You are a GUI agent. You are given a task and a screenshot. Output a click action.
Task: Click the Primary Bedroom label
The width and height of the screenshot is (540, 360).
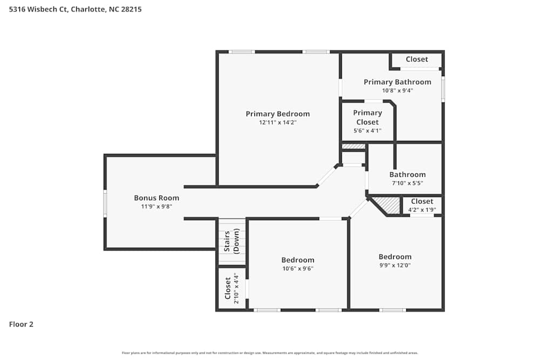[278, 114]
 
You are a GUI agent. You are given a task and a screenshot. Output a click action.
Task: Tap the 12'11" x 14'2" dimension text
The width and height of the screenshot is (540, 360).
[278, 123]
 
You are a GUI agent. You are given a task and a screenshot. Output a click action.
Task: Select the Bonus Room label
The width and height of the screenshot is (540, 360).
[157, 198]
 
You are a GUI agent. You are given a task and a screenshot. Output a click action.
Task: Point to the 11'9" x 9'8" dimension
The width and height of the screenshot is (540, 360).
[157, 206]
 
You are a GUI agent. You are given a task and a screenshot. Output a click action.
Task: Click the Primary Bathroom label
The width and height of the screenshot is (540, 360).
[397, 82]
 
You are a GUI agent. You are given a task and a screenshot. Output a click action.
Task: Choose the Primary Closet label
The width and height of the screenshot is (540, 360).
[367, 117]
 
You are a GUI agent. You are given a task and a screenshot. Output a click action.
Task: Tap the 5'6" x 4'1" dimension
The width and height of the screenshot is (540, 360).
[367, 130]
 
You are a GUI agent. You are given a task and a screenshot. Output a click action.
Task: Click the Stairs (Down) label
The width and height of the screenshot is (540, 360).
[232, 241]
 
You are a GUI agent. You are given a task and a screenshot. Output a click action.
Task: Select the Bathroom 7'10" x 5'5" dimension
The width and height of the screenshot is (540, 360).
[408, 183]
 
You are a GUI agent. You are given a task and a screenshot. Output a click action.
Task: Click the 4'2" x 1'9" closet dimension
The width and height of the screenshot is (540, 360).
[422, 209]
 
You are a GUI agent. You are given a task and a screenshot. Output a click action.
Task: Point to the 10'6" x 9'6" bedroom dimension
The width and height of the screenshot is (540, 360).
[298, 268]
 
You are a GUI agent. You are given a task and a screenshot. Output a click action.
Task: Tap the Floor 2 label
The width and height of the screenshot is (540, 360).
[21, 324]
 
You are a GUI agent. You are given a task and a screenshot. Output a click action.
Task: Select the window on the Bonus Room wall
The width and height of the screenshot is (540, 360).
[105, 203]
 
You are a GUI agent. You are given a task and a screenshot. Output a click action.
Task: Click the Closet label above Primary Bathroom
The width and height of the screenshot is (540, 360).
[416, 59]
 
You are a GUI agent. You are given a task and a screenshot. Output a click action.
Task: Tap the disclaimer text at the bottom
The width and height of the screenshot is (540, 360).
[270, 353]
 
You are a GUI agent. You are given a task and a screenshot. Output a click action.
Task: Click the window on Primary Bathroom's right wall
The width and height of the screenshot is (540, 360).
[443, 89]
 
